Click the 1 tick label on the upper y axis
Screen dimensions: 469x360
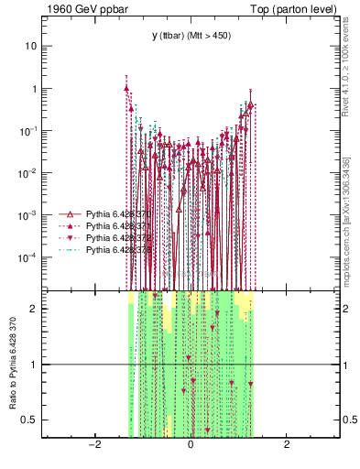tap(35, 89)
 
